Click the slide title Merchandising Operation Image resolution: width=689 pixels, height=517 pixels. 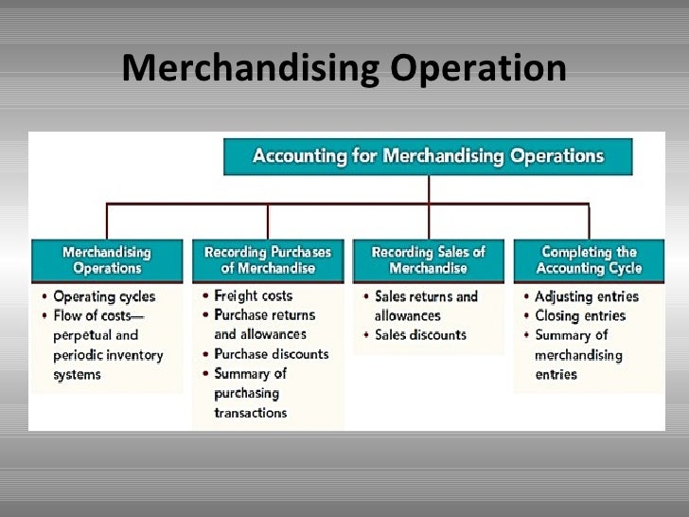[x=344, y=69]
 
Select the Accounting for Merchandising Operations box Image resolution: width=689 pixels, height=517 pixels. [x=428, y=156]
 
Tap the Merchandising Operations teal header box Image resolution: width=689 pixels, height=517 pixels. [x=106, y=260]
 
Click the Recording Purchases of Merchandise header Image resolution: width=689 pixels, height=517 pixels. [x=268, y=260]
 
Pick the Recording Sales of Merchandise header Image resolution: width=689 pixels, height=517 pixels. [x=428, y=260]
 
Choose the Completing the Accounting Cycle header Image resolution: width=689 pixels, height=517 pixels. [x=590, y=260]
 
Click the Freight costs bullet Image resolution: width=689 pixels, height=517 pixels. [x=253, y=296]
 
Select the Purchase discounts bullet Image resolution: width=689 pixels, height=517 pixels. [x=271, y=354]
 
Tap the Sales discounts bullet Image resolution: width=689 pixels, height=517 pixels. [x=419, y=335]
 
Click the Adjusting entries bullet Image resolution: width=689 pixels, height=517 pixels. [x=586, y=296]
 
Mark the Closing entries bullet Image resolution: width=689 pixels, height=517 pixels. [x=579, y=315]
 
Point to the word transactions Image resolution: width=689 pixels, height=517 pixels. [x=250, y=413]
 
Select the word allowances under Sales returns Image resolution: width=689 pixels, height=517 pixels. [x=407, y=315]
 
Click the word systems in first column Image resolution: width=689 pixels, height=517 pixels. [x=78, y=374]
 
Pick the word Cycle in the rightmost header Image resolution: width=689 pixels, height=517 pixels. [x=618, y=268]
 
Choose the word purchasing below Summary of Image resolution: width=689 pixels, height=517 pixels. [x=246, y=393]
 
